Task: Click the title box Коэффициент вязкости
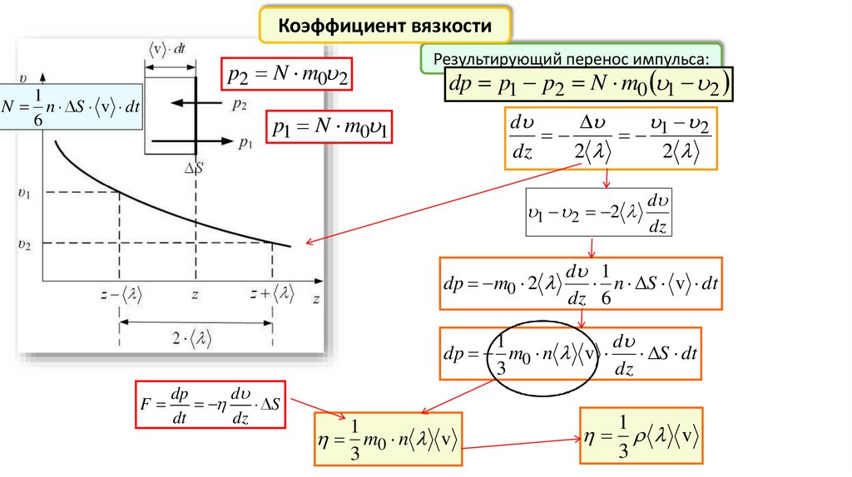pyautogui.click(x=385, y=27)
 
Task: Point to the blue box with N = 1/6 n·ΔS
pyautogui.click(x=71, y=106)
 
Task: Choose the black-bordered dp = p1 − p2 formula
pyautogui.click(x=588, y=84)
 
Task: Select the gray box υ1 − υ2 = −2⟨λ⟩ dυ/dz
pyautogui.click(x=598, y=213)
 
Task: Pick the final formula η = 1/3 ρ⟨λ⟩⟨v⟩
pyautogui.click(x=641, y=435)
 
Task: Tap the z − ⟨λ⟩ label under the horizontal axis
pyautogui.click(x=118, y=293)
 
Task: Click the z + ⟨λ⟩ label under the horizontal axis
pyautogui.click(x=274, y=293)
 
